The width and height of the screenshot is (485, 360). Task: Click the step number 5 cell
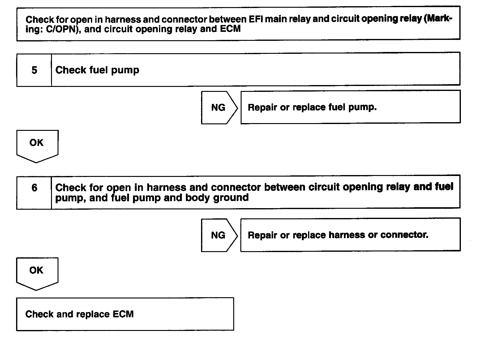(x=34, y=70)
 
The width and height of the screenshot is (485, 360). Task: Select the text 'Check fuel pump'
(x=97, y=70)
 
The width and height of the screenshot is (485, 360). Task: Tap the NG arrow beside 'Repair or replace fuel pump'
(x=219, y=108)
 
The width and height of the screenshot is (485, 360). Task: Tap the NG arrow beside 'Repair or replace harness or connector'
(x=219, y=235)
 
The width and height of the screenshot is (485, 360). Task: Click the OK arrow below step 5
(x=36, y=145)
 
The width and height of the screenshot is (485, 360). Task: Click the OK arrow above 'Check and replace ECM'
(x=36, y=272)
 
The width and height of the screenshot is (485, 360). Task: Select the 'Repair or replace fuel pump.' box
(x=350, y=107)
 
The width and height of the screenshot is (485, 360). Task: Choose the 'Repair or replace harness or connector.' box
(x=350, y=235)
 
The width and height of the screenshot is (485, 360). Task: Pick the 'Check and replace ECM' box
(x=125, y=314)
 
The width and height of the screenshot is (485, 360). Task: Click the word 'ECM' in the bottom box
(x=123, y=314)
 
